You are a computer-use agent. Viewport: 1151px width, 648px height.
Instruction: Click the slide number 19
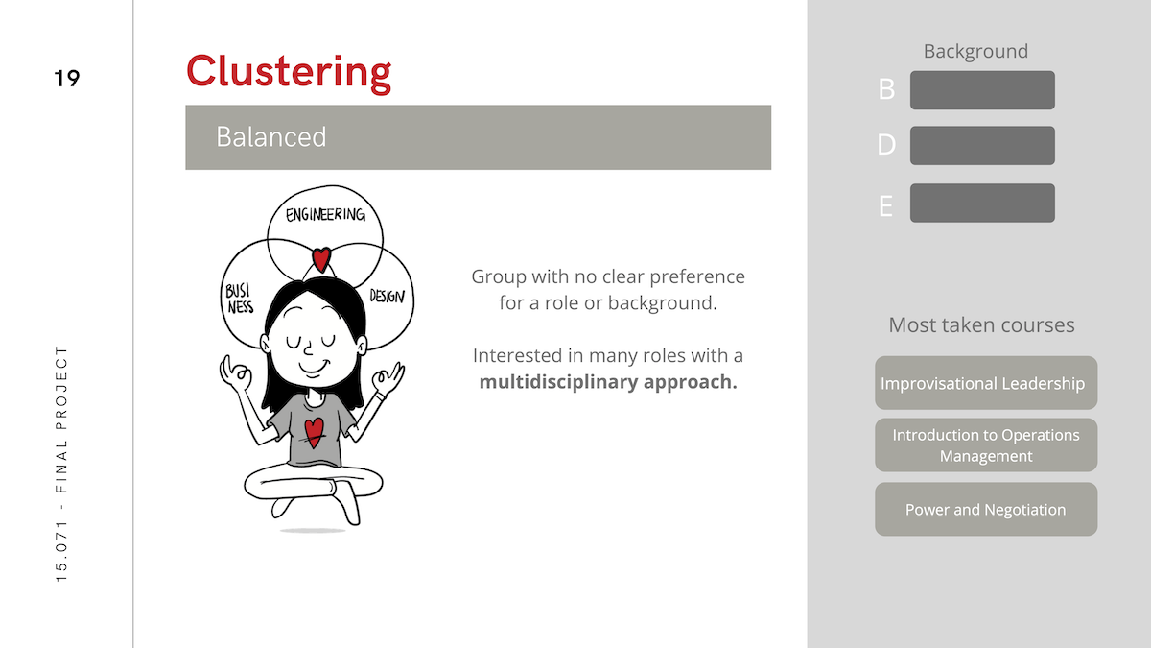pyautogui.click(x=67, y=78)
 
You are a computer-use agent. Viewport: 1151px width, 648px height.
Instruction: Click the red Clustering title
pyautogui.click(x=289, y=72)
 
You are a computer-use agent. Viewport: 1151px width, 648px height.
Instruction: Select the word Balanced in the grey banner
pyautogui.click(x=270, y=136)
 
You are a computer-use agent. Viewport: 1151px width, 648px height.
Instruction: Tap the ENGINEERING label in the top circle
pyautogui.click(x=325, y=214)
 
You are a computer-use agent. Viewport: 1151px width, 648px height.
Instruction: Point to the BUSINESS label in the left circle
pyautogui.click(x=240, y=299)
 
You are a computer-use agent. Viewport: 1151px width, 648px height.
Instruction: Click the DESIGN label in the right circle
pyautogui.click(x=387, y=296)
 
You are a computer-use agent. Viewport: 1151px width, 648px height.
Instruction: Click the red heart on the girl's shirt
pyautogui.click(x=314, y=432)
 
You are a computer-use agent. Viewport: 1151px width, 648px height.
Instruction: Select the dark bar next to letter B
pyautogui.click(x=982, y=90)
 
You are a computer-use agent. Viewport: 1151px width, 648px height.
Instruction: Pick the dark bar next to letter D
pyautogui.click(x=982, y=146)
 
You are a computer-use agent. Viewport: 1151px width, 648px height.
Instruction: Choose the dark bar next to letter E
pyautogui.click(x=982, y=204)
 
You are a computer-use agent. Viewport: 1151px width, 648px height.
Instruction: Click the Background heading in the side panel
pyautogui.click(x=975, y=52)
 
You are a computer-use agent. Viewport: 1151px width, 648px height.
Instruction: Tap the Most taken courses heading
pyautogui.click(x=981, y=325)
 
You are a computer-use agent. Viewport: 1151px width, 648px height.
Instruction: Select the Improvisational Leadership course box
pyautogui.click(x=986, y=383)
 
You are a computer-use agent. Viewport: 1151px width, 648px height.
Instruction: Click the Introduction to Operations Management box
pyautogui.click(x=986, y=444)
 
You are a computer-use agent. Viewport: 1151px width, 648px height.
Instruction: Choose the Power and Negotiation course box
pyautogui.click(x=986, y=509)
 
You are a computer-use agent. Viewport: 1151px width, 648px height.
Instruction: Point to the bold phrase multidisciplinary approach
pyautogui.click(x=608, y=382)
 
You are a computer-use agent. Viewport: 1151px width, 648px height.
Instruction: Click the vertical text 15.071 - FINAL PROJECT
pyautogui.click(x=61, y=464)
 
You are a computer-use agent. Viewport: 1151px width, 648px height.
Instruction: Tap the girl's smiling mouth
pyautogui.click(x=314, y=366)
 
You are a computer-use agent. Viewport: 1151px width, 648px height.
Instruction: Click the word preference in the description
pyautogui.click(x=696, y=276)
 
